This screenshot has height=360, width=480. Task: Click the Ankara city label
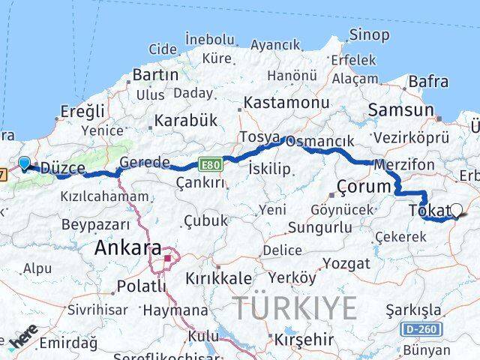(x=127, y=247)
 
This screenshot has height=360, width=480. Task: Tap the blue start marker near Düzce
(x=25, y=163)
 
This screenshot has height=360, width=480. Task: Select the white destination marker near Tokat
(x=455, y=211)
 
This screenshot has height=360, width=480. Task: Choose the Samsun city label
(x=400, y=110)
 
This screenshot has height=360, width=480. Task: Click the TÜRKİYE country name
(x=294, y=307)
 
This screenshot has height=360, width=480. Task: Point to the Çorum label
(x=364, y=186)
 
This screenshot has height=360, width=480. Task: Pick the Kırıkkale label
(x=220, y=277)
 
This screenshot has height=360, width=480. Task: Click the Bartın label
(x=155, y=74)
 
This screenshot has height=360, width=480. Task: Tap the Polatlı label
(x=141, y=286)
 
